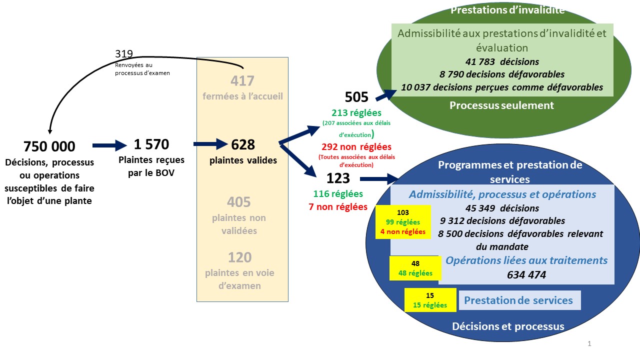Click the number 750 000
49,146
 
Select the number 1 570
151,144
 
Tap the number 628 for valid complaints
243,145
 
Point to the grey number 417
242,81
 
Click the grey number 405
239,202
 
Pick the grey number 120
239,257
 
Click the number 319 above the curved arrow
124,53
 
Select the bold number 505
356,97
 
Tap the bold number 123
338,178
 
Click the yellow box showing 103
403,222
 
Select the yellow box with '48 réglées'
415,268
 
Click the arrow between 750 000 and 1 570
109,145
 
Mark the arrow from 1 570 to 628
210,144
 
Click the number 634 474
526,274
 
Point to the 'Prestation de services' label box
519,300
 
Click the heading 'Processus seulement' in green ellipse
501,105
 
